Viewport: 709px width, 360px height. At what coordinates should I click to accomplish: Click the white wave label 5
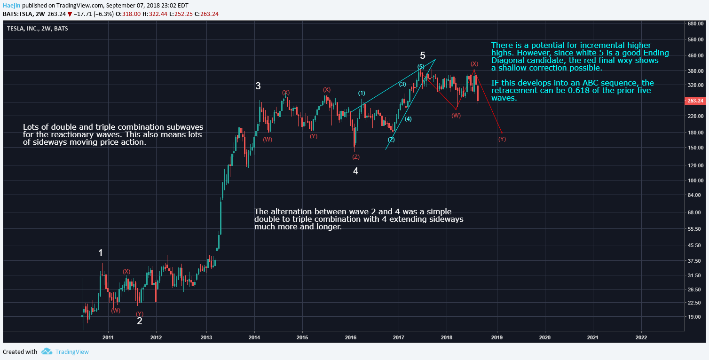[423, 55]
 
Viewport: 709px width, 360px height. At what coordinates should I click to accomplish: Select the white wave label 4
[356, 171]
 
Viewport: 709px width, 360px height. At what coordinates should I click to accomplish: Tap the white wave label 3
[258, 86]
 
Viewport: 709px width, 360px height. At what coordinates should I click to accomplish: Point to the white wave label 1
[101, 253]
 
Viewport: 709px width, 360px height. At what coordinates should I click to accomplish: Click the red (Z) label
[355, 157]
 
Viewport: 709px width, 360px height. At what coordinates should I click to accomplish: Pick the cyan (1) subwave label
[362, 93]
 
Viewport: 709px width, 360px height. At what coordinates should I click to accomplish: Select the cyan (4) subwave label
[408, 119]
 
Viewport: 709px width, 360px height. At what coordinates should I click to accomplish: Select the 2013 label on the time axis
[206, 337]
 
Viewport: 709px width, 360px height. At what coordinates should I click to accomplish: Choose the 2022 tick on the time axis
[641, 337]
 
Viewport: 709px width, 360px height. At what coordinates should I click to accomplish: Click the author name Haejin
[11, 5]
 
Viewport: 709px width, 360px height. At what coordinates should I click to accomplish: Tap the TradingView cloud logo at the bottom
[47, 352]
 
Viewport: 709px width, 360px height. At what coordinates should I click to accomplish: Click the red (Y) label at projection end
[502, 139]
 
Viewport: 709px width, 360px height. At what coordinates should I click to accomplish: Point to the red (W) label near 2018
[456, 116]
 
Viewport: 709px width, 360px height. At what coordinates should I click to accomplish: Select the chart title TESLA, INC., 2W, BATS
[37, 28]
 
